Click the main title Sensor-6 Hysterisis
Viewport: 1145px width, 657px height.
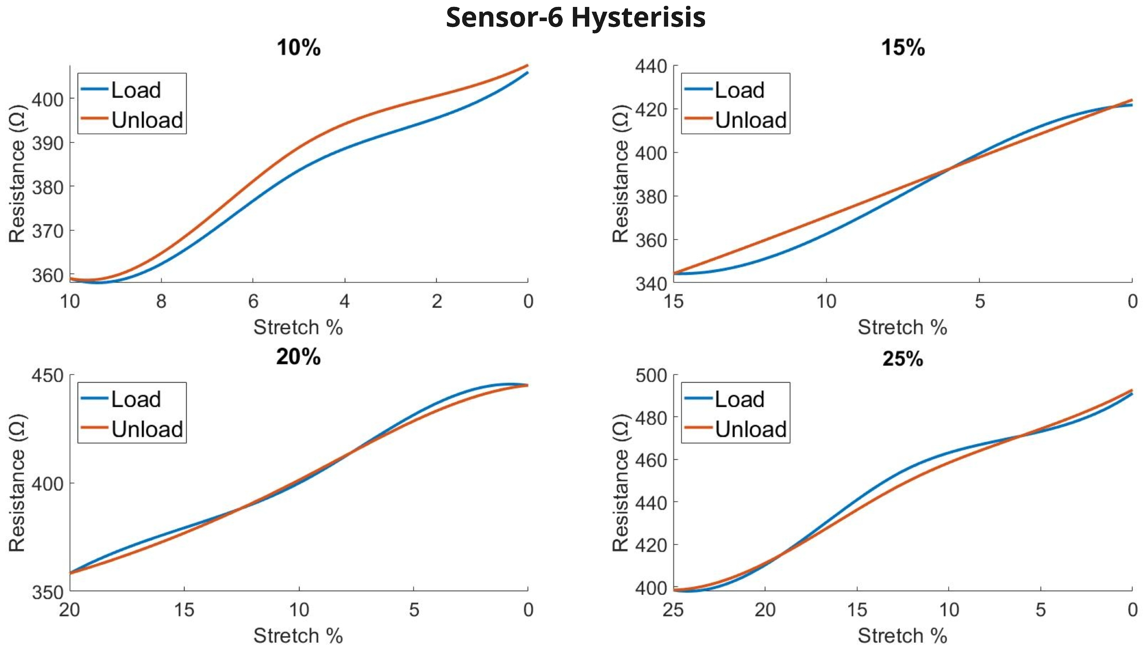[575, 18]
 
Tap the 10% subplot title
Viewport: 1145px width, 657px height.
[298, 48]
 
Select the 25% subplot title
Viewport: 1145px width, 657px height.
[903, 359]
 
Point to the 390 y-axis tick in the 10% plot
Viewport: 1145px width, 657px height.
[47, 143]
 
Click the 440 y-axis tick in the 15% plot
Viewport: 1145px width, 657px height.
[651, 66]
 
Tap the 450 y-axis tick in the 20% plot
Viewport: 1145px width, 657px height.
[47, 375]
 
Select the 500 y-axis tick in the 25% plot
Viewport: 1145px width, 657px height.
[651, 375]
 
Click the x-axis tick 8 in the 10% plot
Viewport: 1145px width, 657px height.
[161, 301]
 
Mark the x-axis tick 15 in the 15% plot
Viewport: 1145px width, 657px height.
[674, 301]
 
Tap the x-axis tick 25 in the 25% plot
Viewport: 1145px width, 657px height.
[674, 610]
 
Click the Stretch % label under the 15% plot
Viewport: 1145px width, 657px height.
[902, 327]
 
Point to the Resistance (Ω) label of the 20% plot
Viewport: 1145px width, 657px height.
[17, 483]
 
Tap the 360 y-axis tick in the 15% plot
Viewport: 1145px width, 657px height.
[651, 240]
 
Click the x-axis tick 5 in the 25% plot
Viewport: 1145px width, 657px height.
[1040, 610]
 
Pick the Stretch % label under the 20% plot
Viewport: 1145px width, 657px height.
[298, 636]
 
